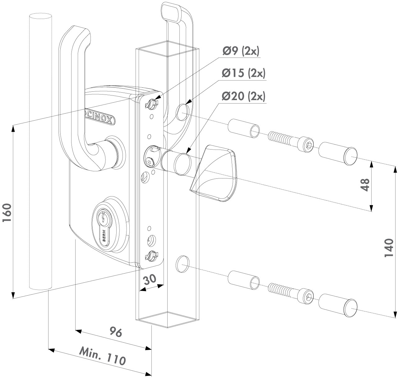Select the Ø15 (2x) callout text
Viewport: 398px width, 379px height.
pyautogui.click(x=244, y=74)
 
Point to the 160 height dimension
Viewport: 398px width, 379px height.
pyautogui.click(x=7, y=213)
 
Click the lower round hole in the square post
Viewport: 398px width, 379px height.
pyautogui.click(x=181, y=263)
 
